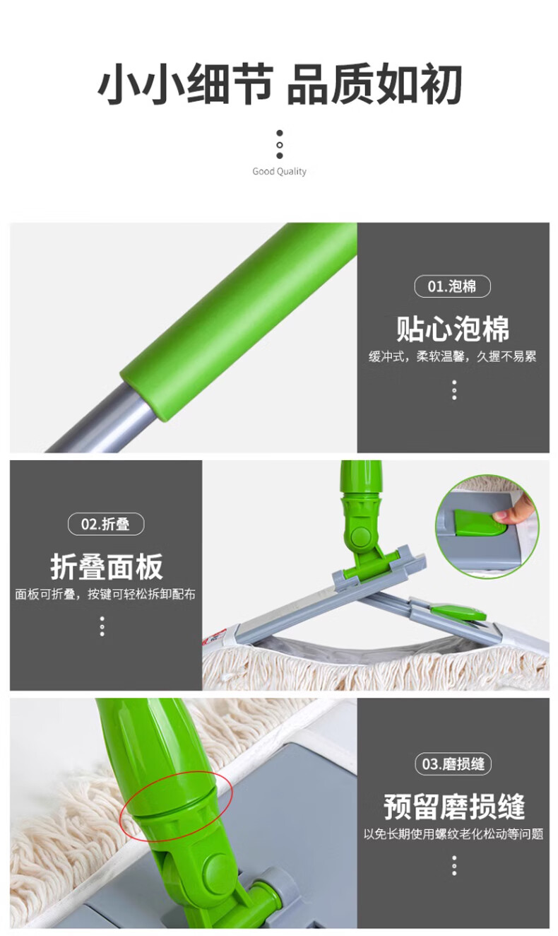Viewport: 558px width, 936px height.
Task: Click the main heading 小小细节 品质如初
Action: pyautogui.click(x=280, y=85)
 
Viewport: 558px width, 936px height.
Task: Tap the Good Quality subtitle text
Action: pyautogui.click(x=279, y=171)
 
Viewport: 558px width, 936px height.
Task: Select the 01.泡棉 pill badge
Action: pyautogui.click(x=453, y=286)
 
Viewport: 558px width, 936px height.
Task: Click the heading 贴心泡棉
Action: pyautogui.click(x=453, y=329)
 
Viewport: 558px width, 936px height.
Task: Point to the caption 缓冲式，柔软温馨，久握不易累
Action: pyautogui.click(x=453, y=356)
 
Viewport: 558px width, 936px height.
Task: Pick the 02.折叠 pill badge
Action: pyautogui.click(x=106, y=524)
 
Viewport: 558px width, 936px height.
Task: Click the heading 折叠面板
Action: pyautogui.click(x=107, y=567)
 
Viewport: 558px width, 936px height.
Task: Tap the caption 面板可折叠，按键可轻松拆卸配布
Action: pyautogui.click(x=105, y=595)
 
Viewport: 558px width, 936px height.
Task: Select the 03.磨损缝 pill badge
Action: pyautogui.click(x=453, y=764)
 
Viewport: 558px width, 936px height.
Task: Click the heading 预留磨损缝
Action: pyautogui.click(x=454, y=807)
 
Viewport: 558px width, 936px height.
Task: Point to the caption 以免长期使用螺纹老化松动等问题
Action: pyautogui.click(x=453, y=834)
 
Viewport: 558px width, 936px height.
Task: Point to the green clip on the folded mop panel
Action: pyautogui.click(x=458, y=612)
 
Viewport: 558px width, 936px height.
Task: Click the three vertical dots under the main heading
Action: pyautogui.click(x=280, y=145)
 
